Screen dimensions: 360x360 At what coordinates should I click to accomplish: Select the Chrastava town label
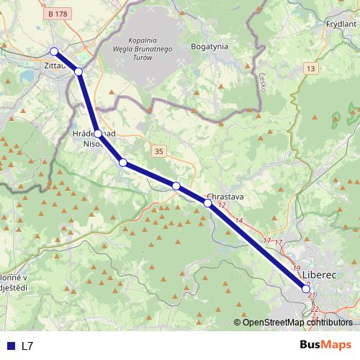pyautogui.click(x=225, y=196)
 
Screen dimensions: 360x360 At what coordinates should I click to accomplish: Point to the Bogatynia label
pyautogui.click(x=210, y=45)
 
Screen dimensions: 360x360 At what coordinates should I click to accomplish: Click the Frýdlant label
pyautogui.click(x=341, y=24)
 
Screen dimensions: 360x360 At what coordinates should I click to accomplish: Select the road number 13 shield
pyautogui.click(x=310, y=68)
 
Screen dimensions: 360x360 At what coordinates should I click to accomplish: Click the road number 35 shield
pyautogui.click(x=159, y=150)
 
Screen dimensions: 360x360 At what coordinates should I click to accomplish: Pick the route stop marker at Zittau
pyautogui.click(x=54, y=51)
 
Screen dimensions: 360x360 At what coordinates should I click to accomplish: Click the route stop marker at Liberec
pyautogui.click(x=307, y=289)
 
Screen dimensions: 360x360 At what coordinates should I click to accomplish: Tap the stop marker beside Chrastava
pyautogui.click(x=208, y=203)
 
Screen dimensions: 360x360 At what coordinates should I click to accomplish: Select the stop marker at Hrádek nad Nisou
pyautogui.click(x=98, y=134)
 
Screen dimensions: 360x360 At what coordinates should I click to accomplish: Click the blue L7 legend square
pyautogui.click(x=10, y=346)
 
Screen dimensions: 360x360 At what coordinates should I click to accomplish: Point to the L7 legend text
pyautogui.click(x=27, y=346)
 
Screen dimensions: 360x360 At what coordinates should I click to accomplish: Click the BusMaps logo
pyautogui.click(x=326, y=345)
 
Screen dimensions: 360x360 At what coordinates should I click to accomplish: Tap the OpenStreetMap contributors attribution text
pyautogui.click(x=297, y=323)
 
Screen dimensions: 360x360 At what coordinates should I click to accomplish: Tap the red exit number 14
pyautogui.click(x=239, y=220)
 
